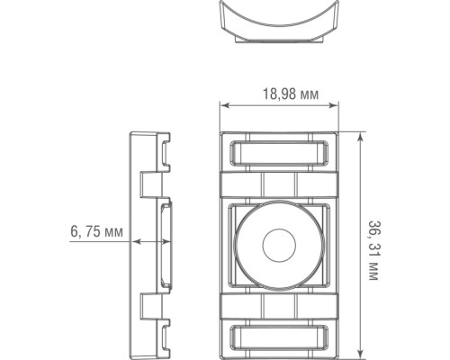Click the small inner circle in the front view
tap(278, 245)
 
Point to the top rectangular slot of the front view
tap(278, 152)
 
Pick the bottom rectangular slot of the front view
tap(278, 338)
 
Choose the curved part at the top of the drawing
tap(278, 27)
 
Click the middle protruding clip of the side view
tap(167, 244)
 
